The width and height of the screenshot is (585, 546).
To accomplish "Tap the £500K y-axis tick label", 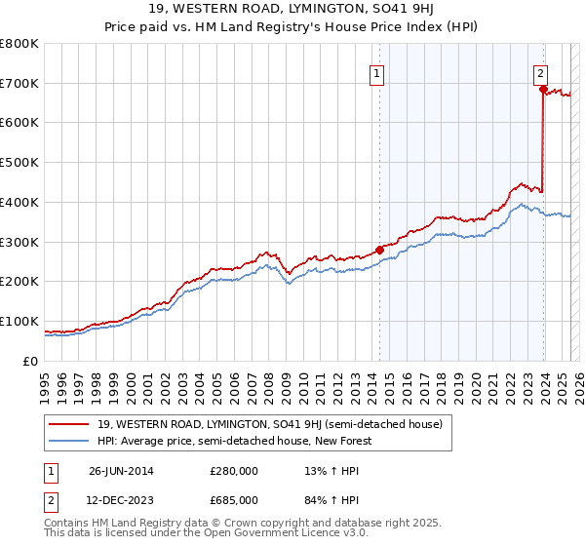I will tap(19, 162).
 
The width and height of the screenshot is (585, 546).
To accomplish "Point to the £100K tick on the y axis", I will tap(19, 321).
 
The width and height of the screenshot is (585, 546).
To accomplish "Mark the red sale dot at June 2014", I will tap(379, 250).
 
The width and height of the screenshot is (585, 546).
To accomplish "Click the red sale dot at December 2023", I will tap(542, 89).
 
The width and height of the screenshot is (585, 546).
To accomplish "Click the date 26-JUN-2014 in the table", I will tap(122, 472).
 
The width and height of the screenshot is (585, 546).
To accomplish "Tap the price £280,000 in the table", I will tap(234, 472).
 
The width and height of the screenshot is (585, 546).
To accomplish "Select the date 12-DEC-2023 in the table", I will tap(122, 500).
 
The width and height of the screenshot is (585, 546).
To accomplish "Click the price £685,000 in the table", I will tap(234, 500).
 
